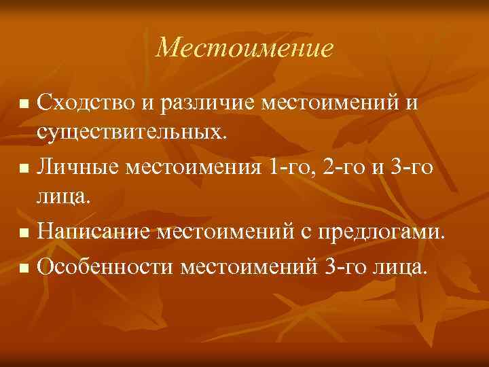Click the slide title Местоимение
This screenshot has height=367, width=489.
pos(244,48)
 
